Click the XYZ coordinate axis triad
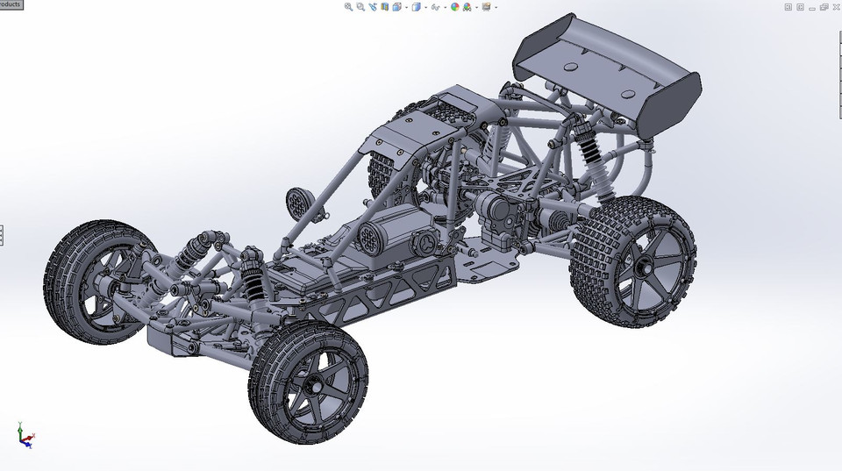coord(25,435)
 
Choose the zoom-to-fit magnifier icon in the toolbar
coord(348,7)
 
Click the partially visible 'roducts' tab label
coord(11,4)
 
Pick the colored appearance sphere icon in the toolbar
coord(454,7)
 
